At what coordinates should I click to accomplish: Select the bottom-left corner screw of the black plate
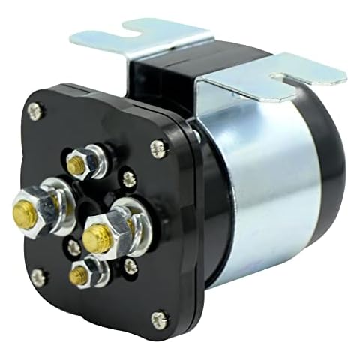pos(37,276)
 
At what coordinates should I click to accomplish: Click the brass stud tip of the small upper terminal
pos(76,163)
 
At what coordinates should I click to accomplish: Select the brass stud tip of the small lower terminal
pos(78,275)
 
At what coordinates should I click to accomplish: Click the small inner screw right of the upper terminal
pos(128,178)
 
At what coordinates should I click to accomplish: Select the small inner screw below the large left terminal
pos(73,247)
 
